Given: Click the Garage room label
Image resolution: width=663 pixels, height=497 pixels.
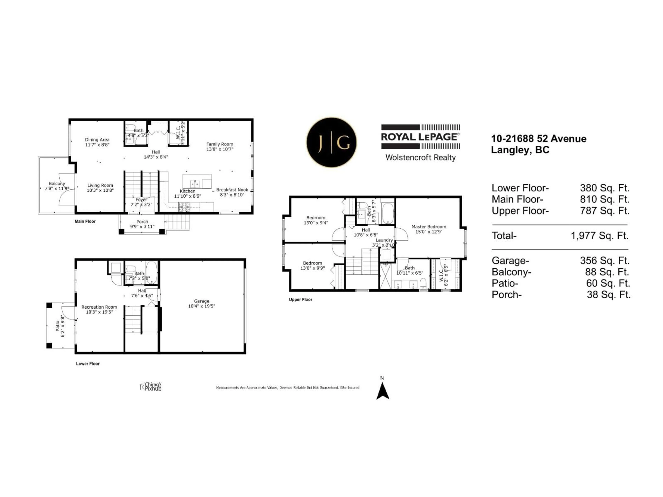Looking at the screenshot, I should (x=201, y=301).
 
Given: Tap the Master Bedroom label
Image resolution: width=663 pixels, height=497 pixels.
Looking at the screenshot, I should (x=429, y=227).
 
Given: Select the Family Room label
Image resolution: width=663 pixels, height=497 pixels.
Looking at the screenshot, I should (x=219, y=144).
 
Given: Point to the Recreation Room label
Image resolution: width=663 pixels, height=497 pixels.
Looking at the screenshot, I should (x=99, y=307).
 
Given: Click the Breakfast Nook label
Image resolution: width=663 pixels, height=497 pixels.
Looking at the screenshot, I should (x=232, y=190).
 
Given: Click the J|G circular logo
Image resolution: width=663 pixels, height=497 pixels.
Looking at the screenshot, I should (x=331, y=142).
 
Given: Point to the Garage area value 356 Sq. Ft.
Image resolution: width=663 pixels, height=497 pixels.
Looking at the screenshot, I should (x=604, y=261).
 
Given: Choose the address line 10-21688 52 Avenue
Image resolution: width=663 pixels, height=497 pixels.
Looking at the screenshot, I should (x=538, y=139).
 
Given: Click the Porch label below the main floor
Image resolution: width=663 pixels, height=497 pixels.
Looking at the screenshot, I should (x=142, y=222).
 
